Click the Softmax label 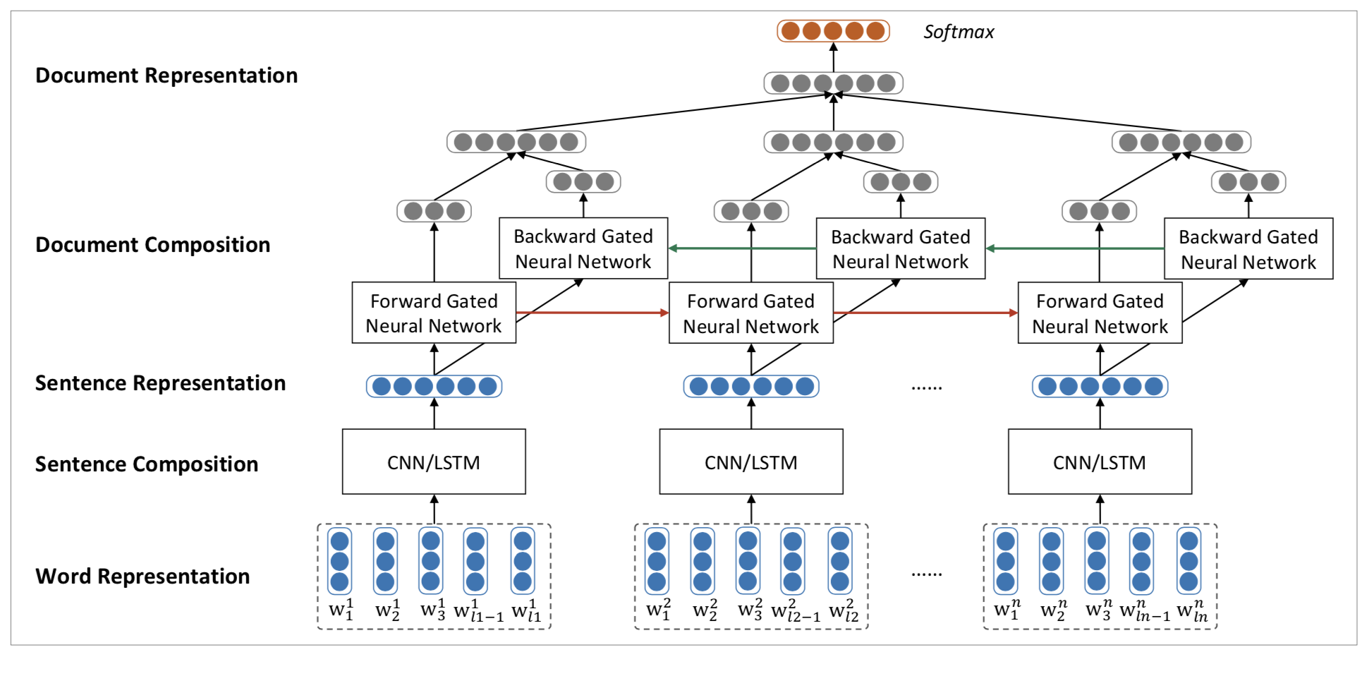pos(958,32)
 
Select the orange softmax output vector pos(833,31)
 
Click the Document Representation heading pos(166,76)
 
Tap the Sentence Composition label pos(147,464)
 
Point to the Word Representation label pos(142,577)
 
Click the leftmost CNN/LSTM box pos(434,462)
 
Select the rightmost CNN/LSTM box pos(1100,462)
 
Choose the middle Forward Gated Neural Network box pos(751,313)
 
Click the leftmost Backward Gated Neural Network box pos(583,248)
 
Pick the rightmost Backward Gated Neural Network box pos(1248,249)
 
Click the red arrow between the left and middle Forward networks pos(593,313)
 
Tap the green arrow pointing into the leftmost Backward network pos(741,248)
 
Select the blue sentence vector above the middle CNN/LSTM pos(751,386)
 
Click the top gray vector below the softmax pos(833,83)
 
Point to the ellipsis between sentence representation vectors pos(926,387)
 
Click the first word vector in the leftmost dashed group pos(340,562)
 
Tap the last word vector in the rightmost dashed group pos(1189,562)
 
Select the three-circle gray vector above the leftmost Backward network pos(583,182)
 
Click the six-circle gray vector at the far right pos(1181,143)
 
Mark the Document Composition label pos(152,245)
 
